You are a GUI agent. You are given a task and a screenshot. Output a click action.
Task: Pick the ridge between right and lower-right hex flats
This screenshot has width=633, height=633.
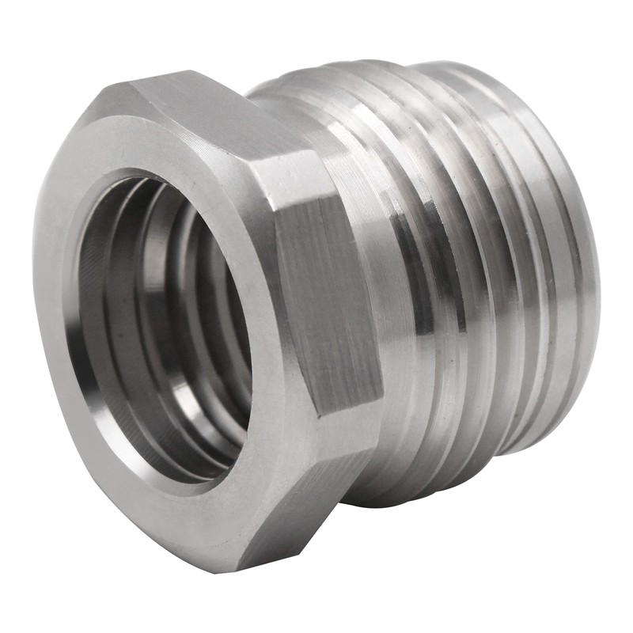(348, 419)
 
